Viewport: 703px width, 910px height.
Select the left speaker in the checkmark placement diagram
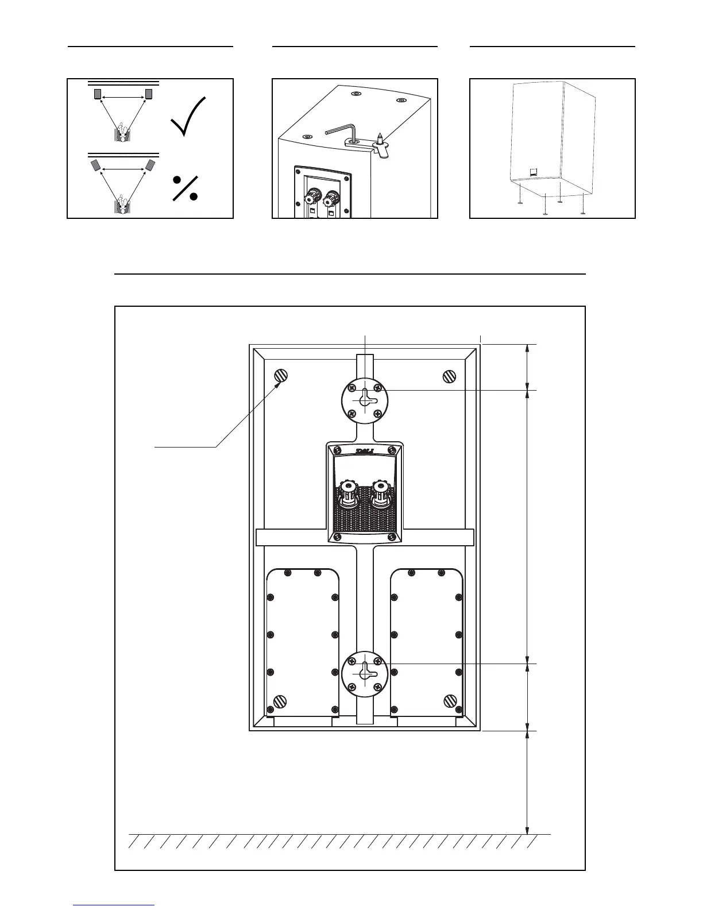click(x=97, y=94)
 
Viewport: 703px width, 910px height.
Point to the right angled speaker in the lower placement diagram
click(x=150, y=165)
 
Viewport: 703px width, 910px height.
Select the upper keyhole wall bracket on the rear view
click(x=365, y=397)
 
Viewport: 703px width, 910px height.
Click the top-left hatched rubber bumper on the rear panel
click(x=280, y=376)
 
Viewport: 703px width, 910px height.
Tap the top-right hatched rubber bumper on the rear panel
click(x=450, y=376)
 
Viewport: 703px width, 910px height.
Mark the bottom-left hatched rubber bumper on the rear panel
click(x=280, y=701)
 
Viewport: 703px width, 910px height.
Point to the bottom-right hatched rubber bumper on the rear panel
click(x=450, y=701)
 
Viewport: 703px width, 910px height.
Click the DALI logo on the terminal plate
click(x=365, y=450)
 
